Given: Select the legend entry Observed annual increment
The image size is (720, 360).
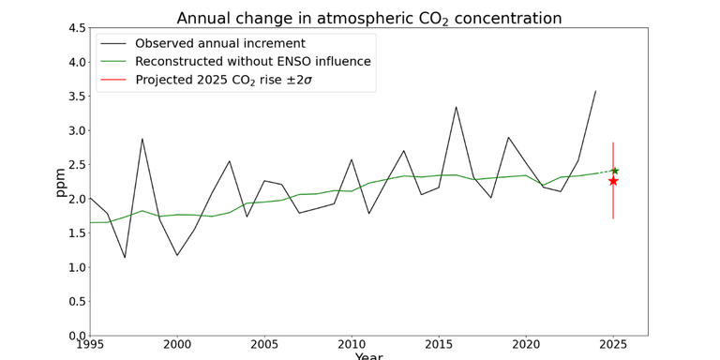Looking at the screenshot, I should (x=219, y=43).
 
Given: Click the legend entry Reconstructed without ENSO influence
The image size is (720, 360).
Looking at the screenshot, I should (x=252, y=62).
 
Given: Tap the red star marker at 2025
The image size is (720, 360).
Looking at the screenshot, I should (x=613, y=180).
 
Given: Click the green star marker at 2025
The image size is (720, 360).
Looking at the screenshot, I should (x=614, y=171).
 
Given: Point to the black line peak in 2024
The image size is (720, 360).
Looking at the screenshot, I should (x=595, y=91).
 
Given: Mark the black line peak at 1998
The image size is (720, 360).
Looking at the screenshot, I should (x=142, y=139).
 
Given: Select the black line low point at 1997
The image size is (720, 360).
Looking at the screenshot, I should (x=125, y=258).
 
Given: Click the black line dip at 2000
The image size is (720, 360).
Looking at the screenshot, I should (x=177, y=255).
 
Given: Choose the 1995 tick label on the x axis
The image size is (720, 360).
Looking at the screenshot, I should (x=90, y=344).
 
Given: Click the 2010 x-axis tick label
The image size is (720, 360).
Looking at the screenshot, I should (x=352, y=344).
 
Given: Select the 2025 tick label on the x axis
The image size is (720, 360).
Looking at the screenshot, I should (x=613, y=344).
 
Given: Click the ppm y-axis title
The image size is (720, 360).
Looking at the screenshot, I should (x=60, y=182).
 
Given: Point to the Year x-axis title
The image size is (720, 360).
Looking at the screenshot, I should (x=369, y=356).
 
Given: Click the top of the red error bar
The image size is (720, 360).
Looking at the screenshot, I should (x=613, y=142).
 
